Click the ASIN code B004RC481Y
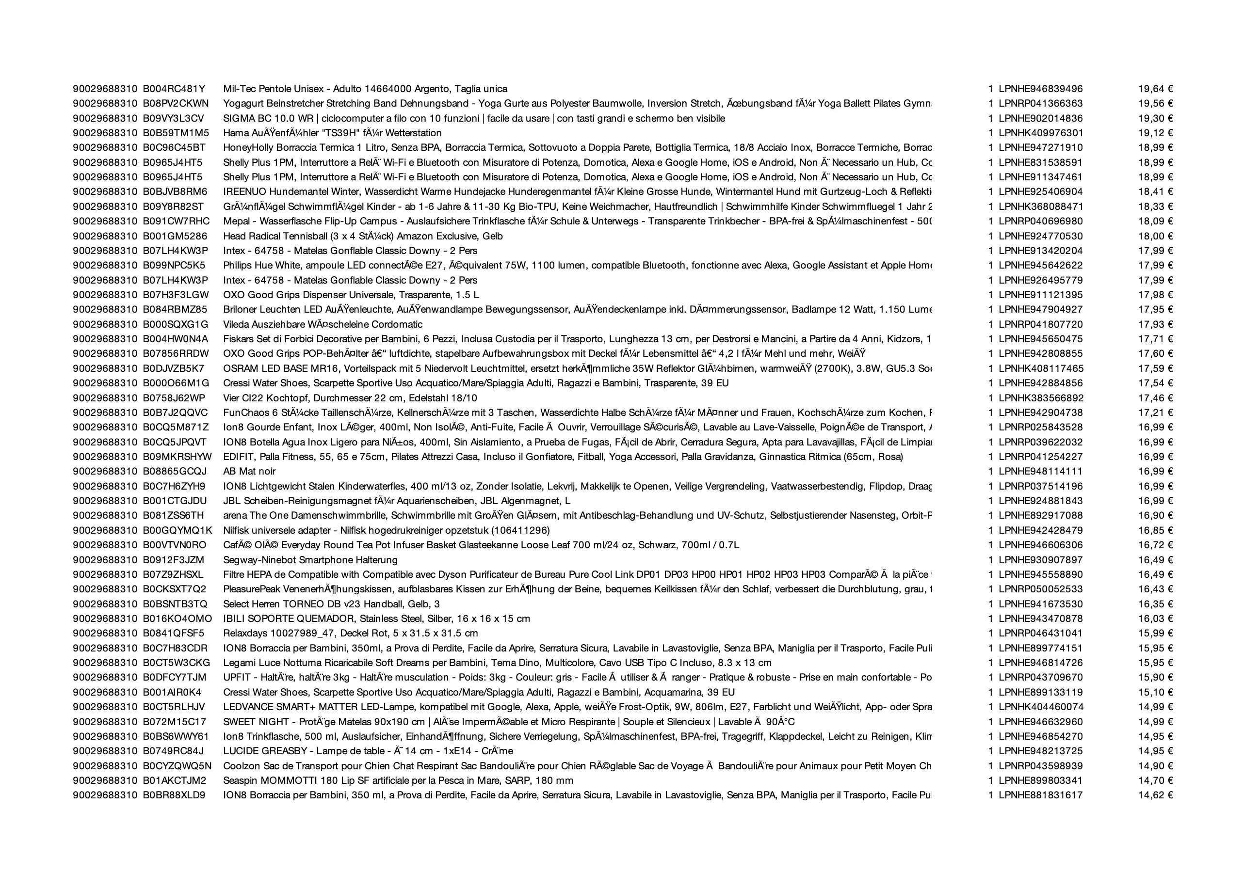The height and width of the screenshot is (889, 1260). click(174, 89)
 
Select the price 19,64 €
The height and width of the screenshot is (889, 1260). click(1155, 89)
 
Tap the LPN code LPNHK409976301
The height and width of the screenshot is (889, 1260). click(1040, 133)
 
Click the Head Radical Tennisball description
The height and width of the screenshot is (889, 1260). click(363, 237)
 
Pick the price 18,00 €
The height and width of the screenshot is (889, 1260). click(1155, 237)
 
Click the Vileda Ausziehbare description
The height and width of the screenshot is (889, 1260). click(323, 325)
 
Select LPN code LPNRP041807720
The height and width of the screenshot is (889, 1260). click(1040, 325)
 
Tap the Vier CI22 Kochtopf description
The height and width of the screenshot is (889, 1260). click(350, 398)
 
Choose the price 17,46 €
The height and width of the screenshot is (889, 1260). click(1155, 398)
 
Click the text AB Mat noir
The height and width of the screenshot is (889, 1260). click(249, 472)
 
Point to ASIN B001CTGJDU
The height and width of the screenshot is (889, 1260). click(175, 501)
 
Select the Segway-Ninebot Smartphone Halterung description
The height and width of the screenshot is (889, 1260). click(310, 560)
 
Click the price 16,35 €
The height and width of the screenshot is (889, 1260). click(1155, 604)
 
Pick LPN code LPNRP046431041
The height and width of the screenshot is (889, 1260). click(1040, 634)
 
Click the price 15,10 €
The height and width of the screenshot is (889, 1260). click(1155, 692)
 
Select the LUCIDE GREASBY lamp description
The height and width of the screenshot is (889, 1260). click(368, 751)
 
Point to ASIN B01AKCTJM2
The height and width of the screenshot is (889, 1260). click(175, 780)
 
